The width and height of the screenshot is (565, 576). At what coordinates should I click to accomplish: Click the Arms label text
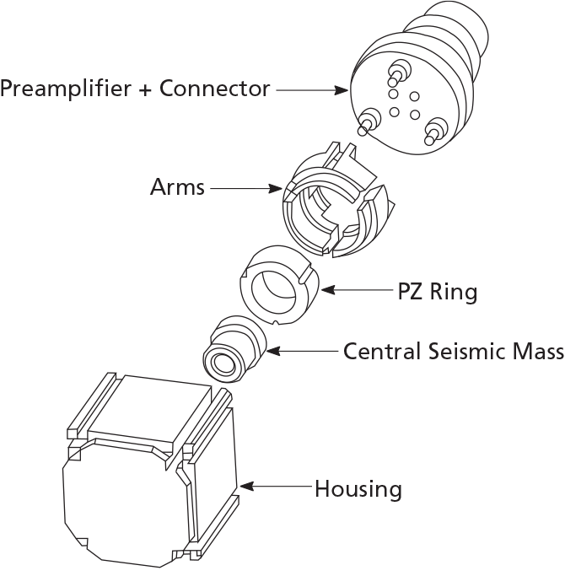(177, 186)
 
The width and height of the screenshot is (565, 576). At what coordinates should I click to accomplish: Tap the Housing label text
(358, 488)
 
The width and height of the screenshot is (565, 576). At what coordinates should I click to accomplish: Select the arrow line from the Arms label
(245, 188)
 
